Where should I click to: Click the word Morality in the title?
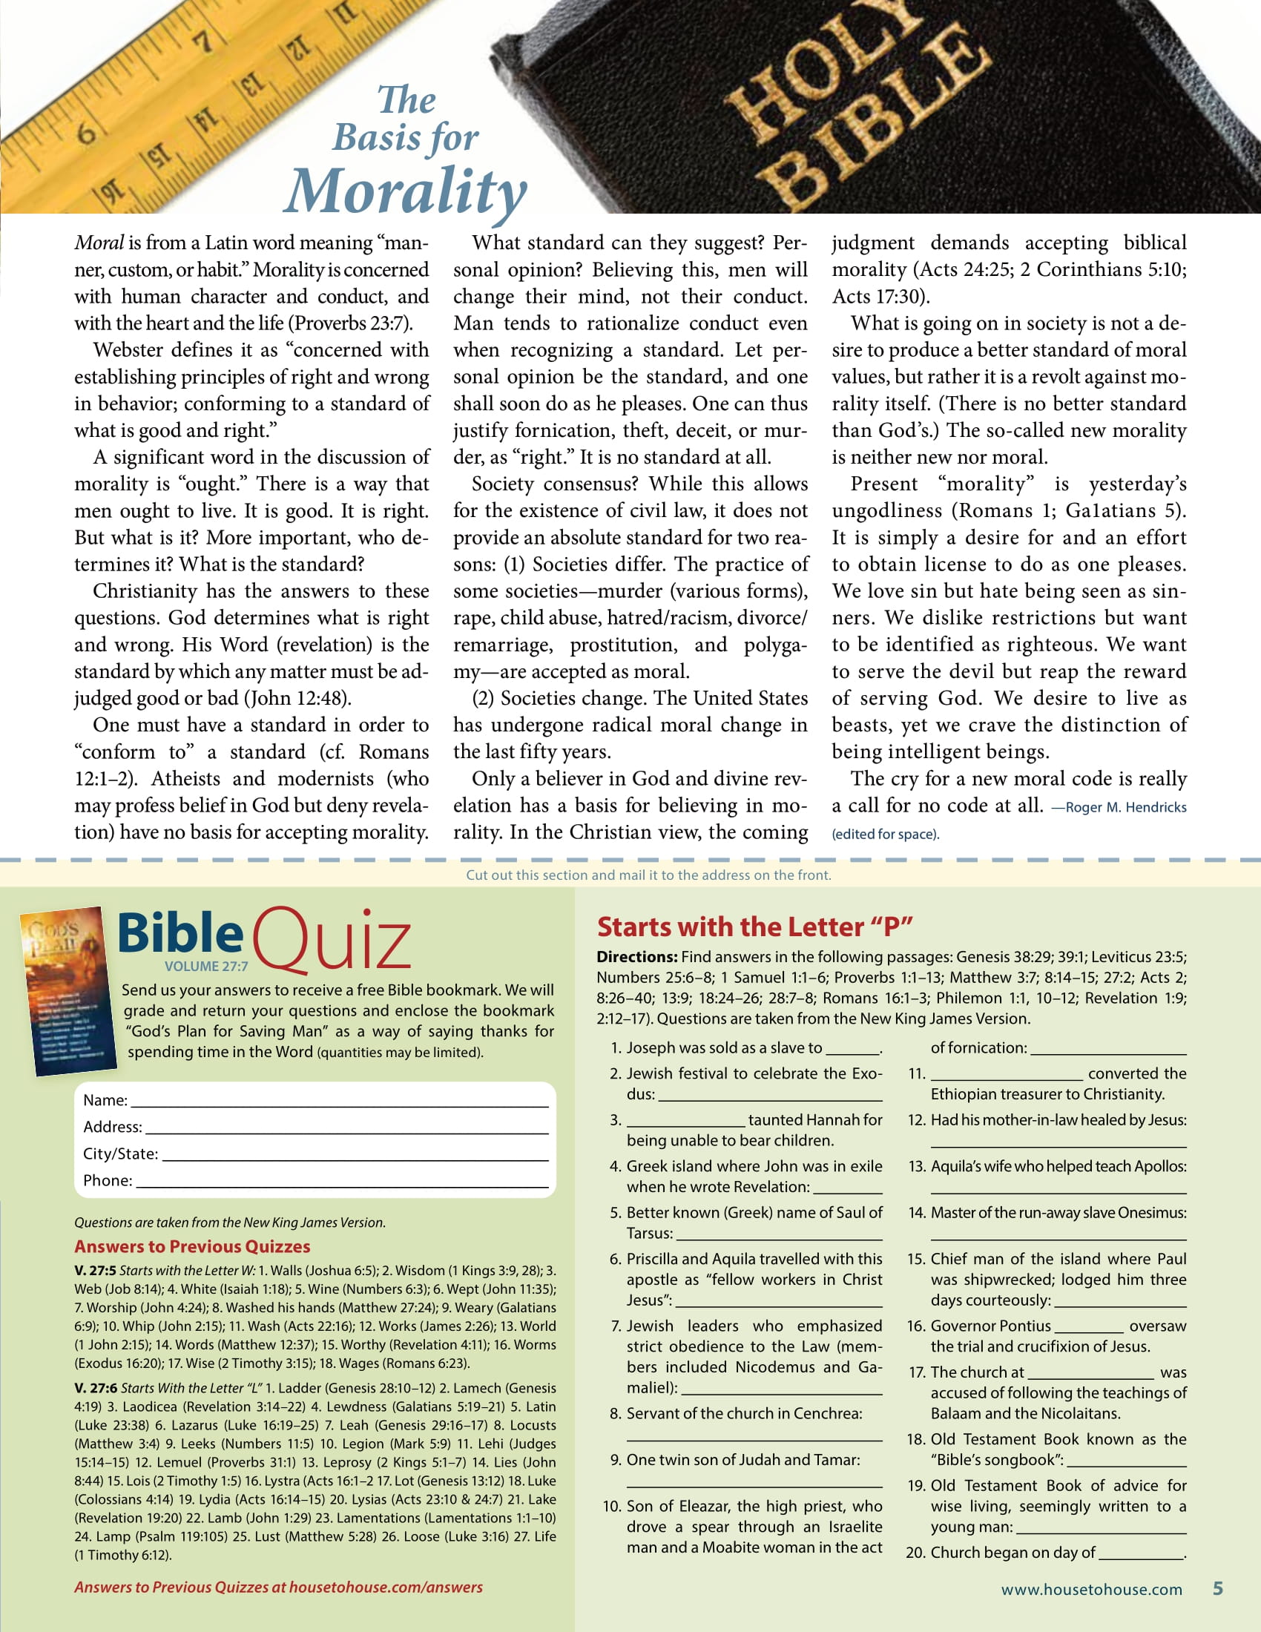coord(406,190)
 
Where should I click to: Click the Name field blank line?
coord(339,1102)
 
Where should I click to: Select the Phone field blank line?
coord(342,1182)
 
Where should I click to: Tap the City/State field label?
coord(120,1154)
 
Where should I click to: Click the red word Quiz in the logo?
coord(332,941)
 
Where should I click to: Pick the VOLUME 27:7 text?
coord(206,966)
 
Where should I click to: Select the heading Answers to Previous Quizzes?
coord(192,1246)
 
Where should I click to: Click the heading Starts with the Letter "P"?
coord(754,927)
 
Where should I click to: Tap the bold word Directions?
coord(636,957)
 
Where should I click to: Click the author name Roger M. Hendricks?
coord(1125,808)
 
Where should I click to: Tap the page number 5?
coord(1218,1589)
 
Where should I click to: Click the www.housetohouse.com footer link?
coord(1091,1590)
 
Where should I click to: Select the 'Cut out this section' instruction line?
coord(648,875)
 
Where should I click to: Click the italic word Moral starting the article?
coord(99,243)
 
